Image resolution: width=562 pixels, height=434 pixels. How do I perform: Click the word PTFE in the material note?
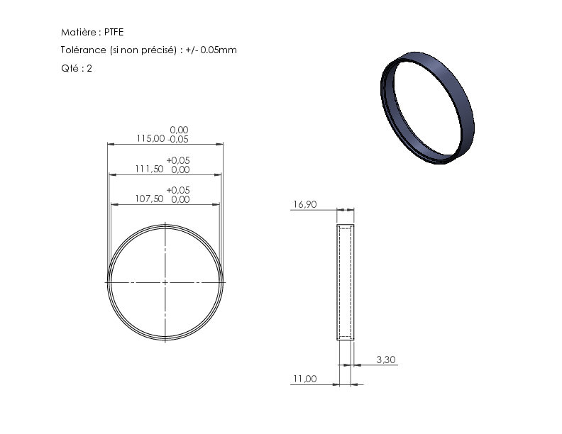pyautogui.click(x=114, y=32)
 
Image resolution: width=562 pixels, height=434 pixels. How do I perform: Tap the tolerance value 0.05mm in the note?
pyautogui.click(x=219, y=50)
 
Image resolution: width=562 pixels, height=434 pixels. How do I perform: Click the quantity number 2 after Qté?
pyautogui.click(x=89, y=68)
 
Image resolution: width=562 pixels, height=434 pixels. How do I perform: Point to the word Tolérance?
pyautogui.click(x=84, y=50)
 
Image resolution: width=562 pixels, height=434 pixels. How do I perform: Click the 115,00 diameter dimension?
pyautogui.click(x=150, y=138)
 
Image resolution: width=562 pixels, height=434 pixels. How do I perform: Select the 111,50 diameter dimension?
pyautogui.click(x=149, y=169)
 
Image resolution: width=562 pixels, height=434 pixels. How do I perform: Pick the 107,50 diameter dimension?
pyautogui.click(x=149, y=199)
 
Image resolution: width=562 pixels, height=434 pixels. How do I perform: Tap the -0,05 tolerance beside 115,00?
pyautogui.click(x=178, y=139)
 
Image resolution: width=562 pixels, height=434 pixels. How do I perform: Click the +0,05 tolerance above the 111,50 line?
pyautogui.click(x=178, y=160)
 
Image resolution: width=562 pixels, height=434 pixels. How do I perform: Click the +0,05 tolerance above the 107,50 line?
pyautogui.click(x=178, y=190)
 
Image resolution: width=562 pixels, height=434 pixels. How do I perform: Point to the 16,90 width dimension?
pyautogui.click(x=305, y=204)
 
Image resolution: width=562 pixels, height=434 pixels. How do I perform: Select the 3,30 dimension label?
pyautogui.click(x=386, y=360)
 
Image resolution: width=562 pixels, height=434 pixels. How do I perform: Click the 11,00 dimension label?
pyautogui.click(x=305, y=379)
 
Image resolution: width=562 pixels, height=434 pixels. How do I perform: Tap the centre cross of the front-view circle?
pyautogui.click(x=165, y=282)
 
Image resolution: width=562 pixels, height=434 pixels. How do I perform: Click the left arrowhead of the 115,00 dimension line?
pyautogui.click(x=111, y=144)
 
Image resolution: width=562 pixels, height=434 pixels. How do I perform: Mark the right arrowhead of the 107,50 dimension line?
pyautogui.click(x=216, y=204)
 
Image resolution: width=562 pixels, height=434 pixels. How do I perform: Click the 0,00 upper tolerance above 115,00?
pyautogui.click(x=179, y=130)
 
